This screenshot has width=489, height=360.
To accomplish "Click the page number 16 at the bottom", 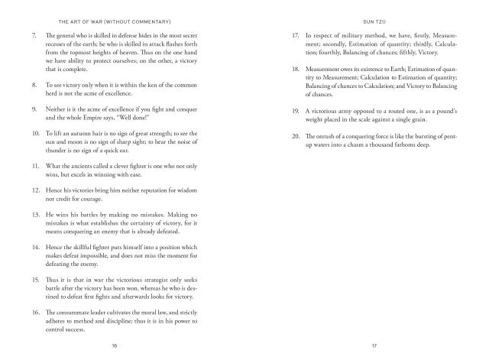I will (115, 345).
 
